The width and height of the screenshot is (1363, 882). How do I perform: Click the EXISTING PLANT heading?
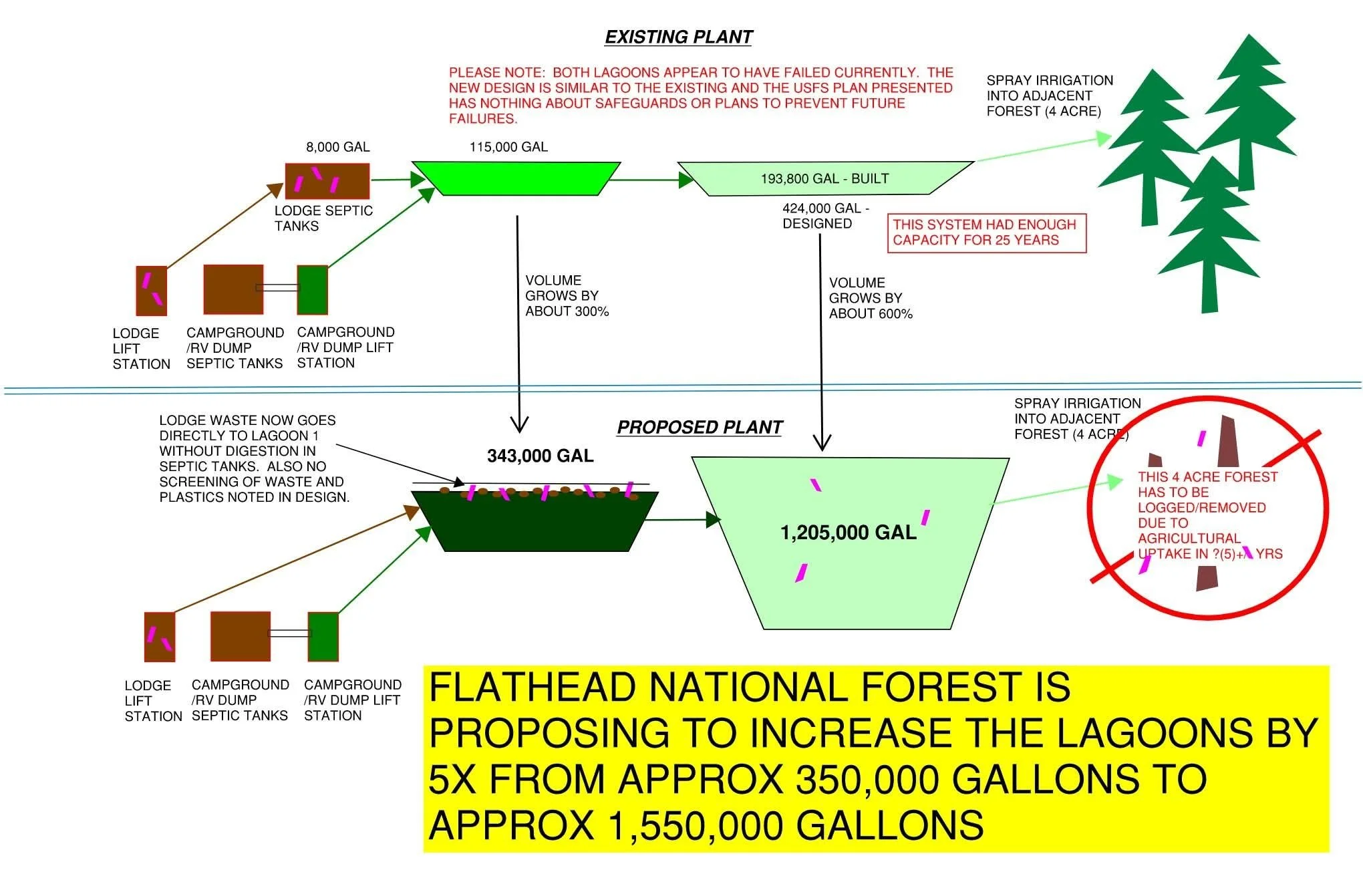[x=678, y=37]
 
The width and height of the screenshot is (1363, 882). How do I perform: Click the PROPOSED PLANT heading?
[x=699, y=428]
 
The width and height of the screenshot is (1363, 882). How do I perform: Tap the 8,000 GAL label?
[x=337, y=147]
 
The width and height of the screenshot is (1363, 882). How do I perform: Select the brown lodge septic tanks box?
[x=327, y=181]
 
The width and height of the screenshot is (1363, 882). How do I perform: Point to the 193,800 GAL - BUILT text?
[x=824, y=179]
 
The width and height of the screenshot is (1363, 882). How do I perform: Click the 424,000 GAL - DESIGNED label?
[x=825, y=216]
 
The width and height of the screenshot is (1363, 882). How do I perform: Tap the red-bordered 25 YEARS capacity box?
[x=986, y=233]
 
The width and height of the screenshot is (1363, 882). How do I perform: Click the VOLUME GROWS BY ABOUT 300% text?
[x=567, y=295]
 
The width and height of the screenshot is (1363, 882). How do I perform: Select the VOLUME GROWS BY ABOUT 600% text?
[x=870, y=298]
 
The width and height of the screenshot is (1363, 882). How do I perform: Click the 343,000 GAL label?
[x=540, y=456]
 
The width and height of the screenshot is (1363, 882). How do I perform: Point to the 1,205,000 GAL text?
[x=848, y=533]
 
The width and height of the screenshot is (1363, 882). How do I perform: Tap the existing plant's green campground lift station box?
[x=312, y=290]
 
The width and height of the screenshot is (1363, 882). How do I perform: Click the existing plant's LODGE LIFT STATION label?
[x=140, y=349]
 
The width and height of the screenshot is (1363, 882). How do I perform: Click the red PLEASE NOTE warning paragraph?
[x=700, y=96]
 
